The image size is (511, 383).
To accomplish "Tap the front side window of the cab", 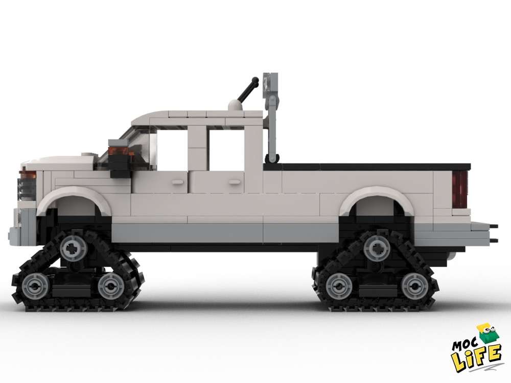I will pos(171,148).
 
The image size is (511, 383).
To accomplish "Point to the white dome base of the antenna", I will pos(234,106).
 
